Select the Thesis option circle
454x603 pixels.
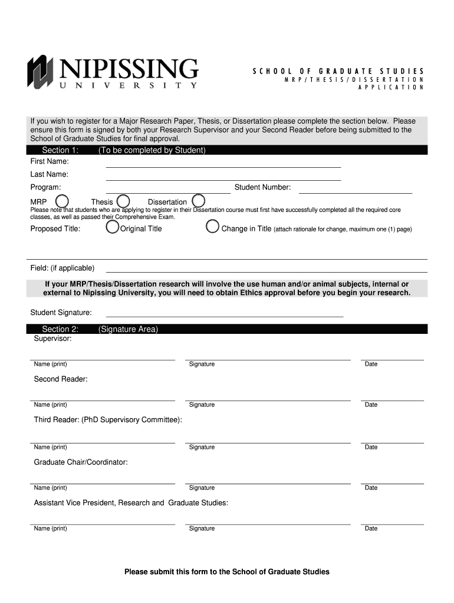point(123,201)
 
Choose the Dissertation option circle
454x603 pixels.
point(198,201)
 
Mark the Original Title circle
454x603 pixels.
point(112,227)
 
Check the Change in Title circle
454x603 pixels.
point(212,227)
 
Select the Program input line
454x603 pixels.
point(167,192)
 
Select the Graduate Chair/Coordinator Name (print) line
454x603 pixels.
point(103,482)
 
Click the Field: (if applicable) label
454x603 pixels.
point(62,268)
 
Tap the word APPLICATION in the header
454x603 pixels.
point(392,87)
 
